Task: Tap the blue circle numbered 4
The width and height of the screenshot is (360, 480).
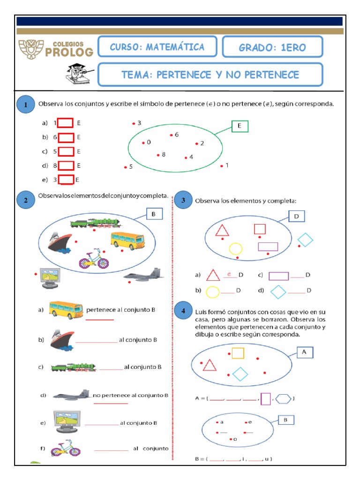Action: tap(183, 311)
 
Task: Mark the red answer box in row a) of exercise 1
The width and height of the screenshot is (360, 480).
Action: tap(66, 123)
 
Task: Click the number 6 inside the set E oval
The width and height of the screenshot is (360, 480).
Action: tap(176, 135)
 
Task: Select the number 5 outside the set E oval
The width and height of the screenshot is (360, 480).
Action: tap(131, 166)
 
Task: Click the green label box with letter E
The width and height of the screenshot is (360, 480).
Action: tap(240, 126)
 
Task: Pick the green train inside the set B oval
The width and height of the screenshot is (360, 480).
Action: tap(96, 223)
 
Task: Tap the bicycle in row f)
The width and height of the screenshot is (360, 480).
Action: tap(66, 448)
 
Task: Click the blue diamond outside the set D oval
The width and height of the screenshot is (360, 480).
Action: tap(305, 240)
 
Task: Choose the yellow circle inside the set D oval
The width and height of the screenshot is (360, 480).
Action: tap(235, 249)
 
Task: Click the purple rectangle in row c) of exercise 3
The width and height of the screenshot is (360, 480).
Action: tap(278, 276)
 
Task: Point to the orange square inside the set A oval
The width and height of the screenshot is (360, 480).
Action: tap(238, 353)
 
